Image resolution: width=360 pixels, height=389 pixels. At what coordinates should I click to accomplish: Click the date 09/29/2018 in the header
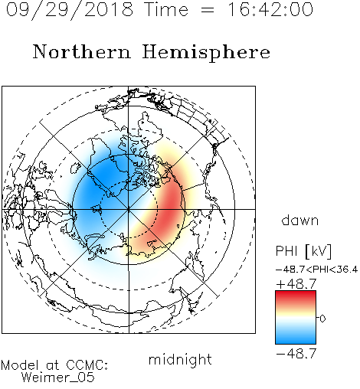(x=70, y=10)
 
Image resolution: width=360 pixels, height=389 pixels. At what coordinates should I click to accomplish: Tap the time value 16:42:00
(x=270, y=9)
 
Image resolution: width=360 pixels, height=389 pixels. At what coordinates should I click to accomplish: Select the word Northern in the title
(x=81, y=51)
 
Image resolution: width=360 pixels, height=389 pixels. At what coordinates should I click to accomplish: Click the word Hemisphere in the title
(x=206, y=53)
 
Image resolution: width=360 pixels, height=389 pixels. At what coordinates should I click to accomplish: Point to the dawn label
(x=300, y=220)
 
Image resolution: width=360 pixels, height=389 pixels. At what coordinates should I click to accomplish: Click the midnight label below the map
(x=180, y=359)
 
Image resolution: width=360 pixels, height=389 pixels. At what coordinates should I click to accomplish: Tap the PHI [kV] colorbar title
(x=303, y=251)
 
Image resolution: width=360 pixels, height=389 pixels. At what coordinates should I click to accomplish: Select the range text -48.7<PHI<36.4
(x=316, y=270)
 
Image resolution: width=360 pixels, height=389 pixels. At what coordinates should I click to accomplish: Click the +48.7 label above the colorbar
(x=296, y=284)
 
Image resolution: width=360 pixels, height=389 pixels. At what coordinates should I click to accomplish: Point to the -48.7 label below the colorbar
(x=296, y=354)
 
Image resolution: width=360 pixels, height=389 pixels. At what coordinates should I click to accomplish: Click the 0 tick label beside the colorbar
(x=322, y=319)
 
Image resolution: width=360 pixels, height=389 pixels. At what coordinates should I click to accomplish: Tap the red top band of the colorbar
(x=296, y=296)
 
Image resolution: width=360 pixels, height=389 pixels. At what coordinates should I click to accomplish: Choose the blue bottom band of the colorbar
(x=296, y=338)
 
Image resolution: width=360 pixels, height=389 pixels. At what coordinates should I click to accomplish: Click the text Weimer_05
(x=58, y=378)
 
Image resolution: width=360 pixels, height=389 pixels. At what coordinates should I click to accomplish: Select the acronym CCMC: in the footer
(x=87, y=365)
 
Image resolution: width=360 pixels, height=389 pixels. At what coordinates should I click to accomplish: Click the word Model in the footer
(x=20, y=365)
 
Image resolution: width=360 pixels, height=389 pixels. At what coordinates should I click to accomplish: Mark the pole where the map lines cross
(x=129, y=209)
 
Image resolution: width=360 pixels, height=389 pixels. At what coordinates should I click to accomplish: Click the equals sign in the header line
(x=208, y=10)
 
